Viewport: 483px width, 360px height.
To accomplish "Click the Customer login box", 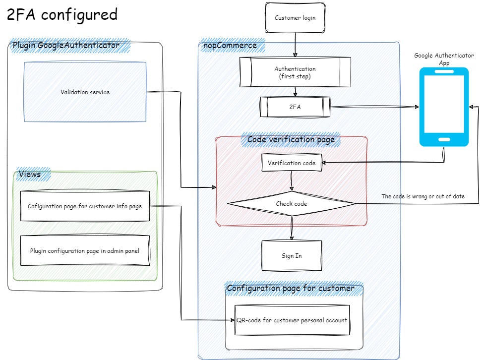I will coord(295,18).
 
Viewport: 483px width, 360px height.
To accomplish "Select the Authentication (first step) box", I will coord(295,72).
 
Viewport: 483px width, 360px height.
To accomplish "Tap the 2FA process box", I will coord(295,107).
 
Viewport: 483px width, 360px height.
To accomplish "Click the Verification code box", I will coord(292,163).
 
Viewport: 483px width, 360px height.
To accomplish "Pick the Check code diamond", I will coord(292,204).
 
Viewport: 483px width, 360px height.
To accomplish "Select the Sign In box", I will coord(292,256).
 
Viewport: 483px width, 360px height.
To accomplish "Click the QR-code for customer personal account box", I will coord(292,320).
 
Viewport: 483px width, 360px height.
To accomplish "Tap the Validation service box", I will coord(85,92).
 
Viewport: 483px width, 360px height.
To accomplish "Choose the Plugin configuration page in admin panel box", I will coord(85,251).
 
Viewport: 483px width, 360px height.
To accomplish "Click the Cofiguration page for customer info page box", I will coord(85,206).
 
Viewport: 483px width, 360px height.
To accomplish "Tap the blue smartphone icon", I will coord(444,107).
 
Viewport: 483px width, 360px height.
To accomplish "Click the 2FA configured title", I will coord(62,15).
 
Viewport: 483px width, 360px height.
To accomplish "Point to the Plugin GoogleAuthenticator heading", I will coord(66,46).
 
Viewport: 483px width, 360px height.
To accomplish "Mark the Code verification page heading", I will coord(291,140).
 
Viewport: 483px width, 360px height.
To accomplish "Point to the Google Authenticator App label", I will coord(444,59).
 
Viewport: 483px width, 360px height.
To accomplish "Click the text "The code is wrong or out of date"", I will coord(423,196).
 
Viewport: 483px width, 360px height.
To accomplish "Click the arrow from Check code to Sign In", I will coord(292,228).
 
